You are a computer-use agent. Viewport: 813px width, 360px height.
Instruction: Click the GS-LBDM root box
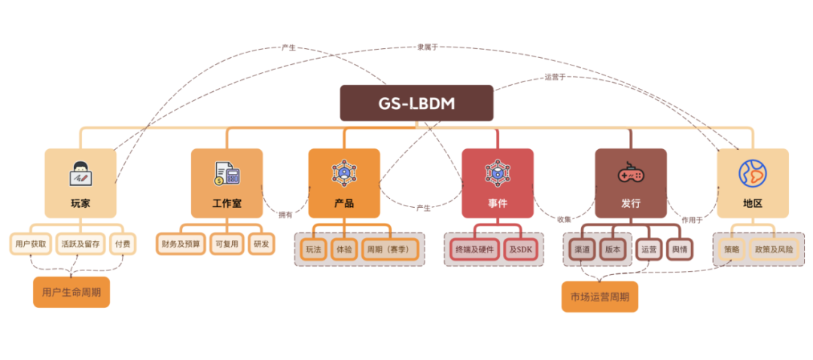(x=416, y=103)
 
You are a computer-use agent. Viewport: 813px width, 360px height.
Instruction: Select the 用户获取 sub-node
(x=31, y=244)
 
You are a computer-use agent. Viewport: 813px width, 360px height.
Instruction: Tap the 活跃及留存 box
(x=81, y=244)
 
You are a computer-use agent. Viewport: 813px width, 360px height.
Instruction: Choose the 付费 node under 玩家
(x=123, y=244)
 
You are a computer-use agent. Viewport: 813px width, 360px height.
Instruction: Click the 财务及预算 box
(x=180, y=244)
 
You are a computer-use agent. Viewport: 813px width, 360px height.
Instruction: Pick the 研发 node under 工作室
(x=261, y=244)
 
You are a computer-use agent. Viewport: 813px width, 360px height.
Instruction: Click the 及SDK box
(x=519, y=249)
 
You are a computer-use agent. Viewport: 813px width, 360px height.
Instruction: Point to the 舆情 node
(x=679, y=249)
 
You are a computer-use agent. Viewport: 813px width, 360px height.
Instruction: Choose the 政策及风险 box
(x=774, y=249)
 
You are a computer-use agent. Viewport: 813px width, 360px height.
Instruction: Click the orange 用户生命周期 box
(x=72, y=292)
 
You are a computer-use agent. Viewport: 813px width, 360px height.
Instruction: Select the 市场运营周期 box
(x=600, y=297)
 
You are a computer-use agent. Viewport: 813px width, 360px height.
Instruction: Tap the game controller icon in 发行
(x=630, y=174)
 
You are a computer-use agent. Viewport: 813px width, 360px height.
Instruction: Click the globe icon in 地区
(x=752, y=173)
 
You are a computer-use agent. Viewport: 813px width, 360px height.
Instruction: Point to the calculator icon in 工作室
(x=226, y=174)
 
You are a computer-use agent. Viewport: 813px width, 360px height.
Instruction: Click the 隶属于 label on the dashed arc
(x=428, y=47)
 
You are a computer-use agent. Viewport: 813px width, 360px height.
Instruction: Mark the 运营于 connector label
(x=555, y=77)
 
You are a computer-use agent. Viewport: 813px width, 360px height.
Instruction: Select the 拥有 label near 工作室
(x=285, y=215)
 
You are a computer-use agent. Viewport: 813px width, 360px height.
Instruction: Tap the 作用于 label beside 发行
(x=691, y=220)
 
